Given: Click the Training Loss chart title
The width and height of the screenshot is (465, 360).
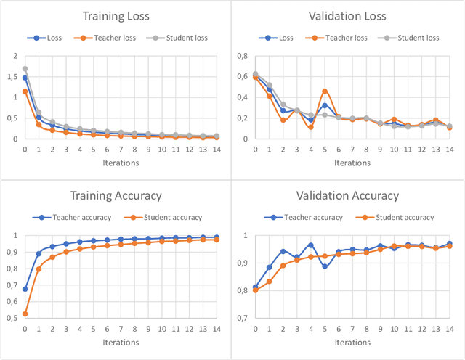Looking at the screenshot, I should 116,16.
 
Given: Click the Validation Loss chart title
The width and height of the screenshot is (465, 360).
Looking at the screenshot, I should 348,16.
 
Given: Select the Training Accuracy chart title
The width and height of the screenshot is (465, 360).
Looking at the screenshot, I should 116,195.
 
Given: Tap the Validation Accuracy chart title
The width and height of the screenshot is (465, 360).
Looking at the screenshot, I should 348,195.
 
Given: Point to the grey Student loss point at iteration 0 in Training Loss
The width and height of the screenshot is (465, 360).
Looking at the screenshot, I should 25,69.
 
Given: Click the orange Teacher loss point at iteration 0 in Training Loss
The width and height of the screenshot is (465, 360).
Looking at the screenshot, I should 25,91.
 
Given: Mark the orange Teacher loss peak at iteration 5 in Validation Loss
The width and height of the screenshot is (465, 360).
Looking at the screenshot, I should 325,91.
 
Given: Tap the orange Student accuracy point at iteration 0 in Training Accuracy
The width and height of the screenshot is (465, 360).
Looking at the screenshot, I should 25,314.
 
